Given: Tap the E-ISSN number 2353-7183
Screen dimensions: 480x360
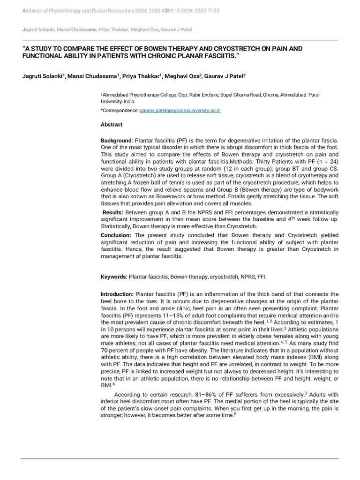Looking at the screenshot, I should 205,11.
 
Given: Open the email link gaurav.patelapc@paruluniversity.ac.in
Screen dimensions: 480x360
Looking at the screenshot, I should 180,110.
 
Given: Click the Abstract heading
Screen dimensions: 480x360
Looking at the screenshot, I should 112,125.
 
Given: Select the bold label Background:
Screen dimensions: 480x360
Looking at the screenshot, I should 117,141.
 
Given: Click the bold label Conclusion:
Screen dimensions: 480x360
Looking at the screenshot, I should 117,235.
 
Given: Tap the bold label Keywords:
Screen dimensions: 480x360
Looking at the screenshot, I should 114,277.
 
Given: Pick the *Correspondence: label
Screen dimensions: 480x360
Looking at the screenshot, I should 120,110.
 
